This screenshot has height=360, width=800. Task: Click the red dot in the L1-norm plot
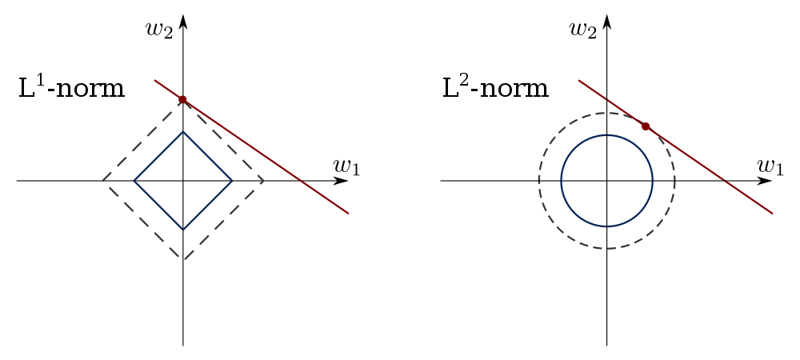click(182, 99)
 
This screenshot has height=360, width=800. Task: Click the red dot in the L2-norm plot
click(646, 126)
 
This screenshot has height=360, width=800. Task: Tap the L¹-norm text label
click(71, 88)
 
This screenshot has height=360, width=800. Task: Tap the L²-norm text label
click(495, 88)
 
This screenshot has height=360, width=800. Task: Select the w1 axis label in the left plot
click(346, 166)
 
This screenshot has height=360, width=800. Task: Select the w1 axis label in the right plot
click(770, 166)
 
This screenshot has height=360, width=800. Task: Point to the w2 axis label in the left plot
click(160, 29)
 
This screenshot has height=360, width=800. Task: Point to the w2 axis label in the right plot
click(583, 29)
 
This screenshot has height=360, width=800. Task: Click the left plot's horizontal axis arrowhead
click(341, 181)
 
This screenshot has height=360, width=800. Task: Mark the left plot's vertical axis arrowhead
click(183, 22)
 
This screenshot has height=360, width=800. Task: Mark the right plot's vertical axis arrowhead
click(606, 22)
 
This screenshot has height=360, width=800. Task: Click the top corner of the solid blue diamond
click(183, 131)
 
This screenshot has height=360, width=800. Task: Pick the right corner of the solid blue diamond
click(232, 181)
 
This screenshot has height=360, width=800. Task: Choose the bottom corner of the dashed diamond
click(183, 260)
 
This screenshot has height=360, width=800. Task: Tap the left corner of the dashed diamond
click(102, 181)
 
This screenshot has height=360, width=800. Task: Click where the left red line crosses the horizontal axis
click(302, 181)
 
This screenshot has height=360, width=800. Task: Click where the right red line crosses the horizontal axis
click(725, 181)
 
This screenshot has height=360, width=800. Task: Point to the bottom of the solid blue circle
click(606, 226)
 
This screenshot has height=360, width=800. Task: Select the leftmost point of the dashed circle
click(538, 181)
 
